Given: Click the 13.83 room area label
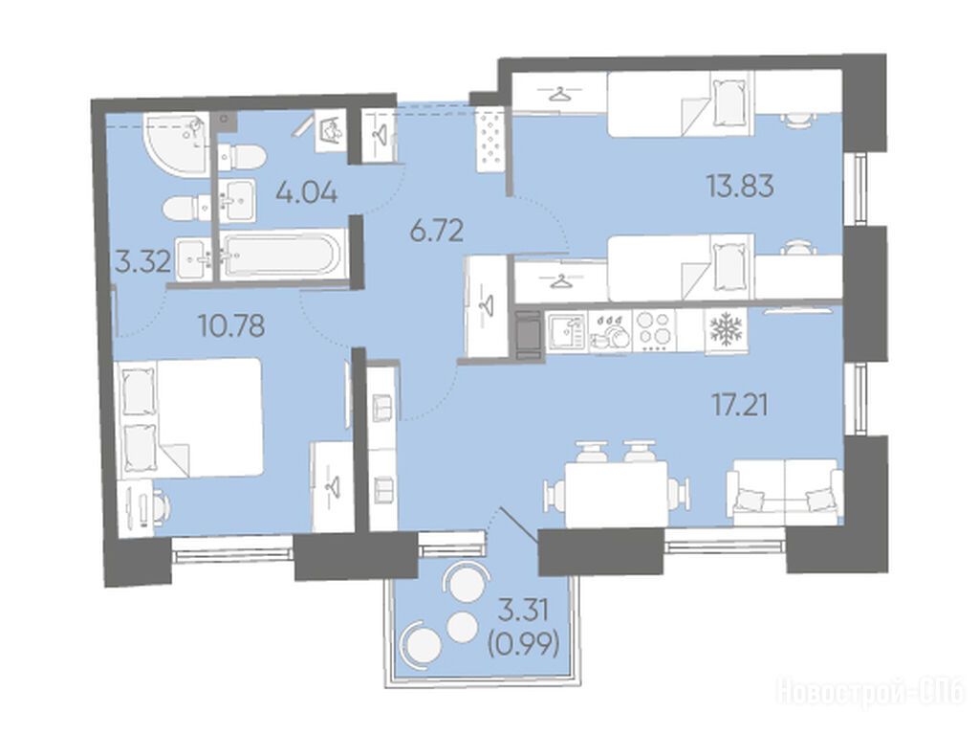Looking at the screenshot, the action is (x=740, y=186).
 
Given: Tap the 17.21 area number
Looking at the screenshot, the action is (x=741, y=405).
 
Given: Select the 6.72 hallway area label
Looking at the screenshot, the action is (x=436, y=232).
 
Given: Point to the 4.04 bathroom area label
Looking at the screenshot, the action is (x=307, y=192).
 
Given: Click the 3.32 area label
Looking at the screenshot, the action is (x=143, y=262).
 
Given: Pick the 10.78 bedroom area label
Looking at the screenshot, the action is (x=231, y=325).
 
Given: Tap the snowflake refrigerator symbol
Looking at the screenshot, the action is (x=727, y=329).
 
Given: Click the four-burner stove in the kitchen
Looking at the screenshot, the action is (x=654, y=330).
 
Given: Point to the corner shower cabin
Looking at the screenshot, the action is (x=176, y=145).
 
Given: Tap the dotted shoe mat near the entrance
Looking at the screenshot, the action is (x=490, y=138).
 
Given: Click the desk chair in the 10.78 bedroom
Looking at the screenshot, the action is (x=162, y=505).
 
